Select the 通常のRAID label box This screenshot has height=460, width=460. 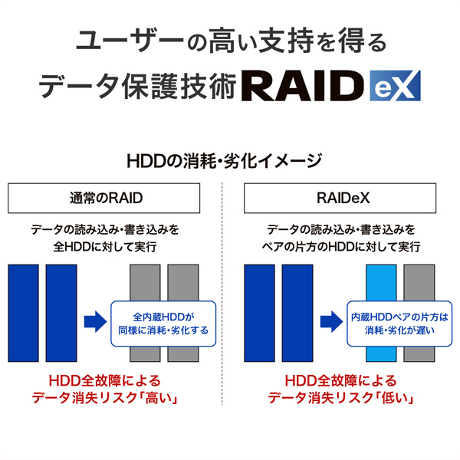click(x=105, y=199)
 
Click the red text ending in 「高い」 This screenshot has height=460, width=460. click(x=105, y=389)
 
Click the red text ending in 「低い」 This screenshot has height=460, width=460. click(x=341, y=389)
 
